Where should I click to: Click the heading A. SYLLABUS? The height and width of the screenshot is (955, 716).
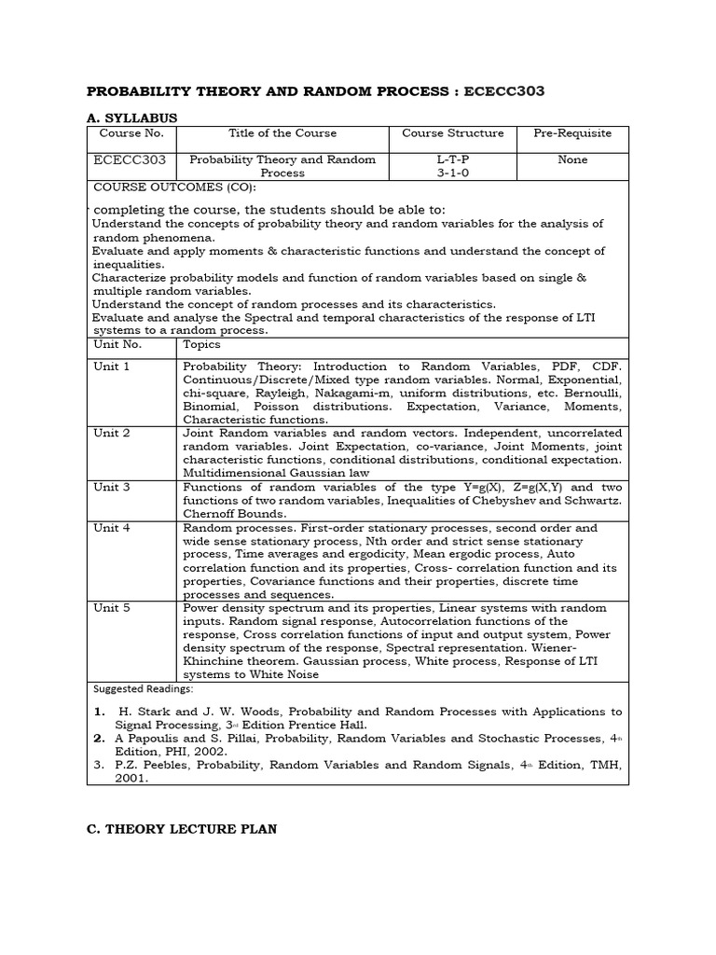click(131, 118)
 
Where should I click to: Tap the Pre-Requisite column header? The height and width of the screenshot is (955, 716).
click(572, 133)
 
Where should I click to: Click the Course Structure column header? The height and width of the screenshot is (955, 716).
click(452, 133)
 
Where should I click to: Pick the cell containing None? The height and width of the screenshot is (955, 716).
click(572, 159)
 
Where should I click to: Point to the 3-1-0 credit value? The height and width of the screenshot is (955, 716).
click(452, 173)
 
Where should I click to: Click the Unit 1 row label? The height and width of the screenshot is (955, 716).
click(112, 367)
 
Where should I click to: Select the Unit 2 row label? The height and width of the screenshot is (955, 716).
click(112, 434)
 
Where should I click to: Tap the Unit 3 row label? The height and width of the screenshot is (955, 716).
click(112, 488)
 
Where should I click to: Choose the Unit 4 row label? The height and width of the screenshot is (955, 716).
click(112, 528)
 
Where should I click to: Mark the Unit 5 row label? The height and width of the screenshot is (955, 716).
click(112, 608)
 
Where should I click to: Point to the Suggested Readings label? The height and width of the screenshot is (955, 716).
click(143, 689)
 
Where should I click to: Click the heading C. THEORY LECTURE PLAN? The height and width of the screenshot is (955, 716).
click(181, 829)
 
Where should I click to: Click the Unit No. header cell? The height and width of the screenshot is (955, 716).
click(116, 344)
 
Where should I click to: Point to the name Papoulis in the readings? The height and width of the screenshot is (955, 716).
click(156, 739)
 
